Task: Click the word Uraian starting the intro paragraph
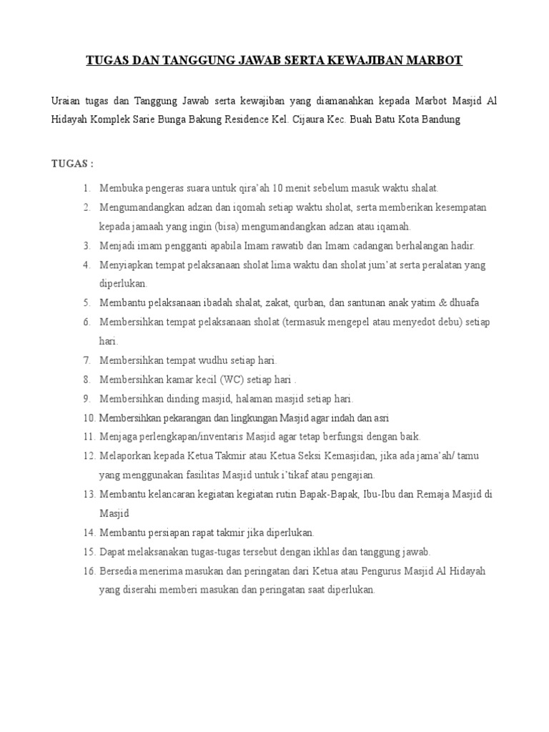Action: click(67, 101)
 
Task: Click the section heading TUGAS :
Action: click(72, 163)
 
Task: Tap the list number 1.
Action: click(86, 188)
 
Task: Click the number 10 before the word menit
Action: click(280, 188)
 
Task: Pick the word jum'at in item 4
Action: click(374, 264)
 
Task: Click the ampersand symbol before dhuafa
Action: click(443, 302)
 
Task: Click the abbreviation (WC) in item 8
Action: click(229, 379)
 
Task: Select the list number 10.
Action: click(89, 417)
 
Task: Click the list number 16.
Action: click(89, 571)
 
